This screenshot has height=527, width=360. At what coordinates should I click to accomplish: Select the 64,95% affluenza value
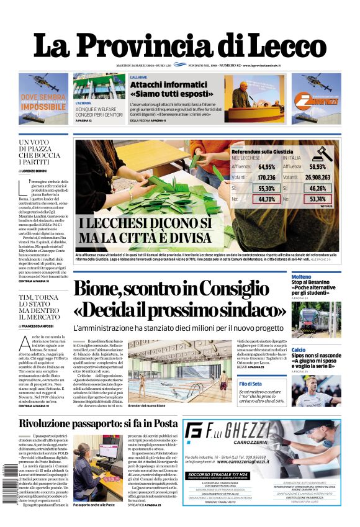pos(266,166)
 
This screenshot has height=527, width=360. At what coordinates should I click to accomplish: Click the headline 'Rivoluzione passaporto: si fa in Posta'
pos(97,423)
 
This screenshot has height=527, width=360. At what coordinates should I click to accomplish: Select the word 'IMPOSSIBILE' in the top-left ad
pos(43,107)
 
